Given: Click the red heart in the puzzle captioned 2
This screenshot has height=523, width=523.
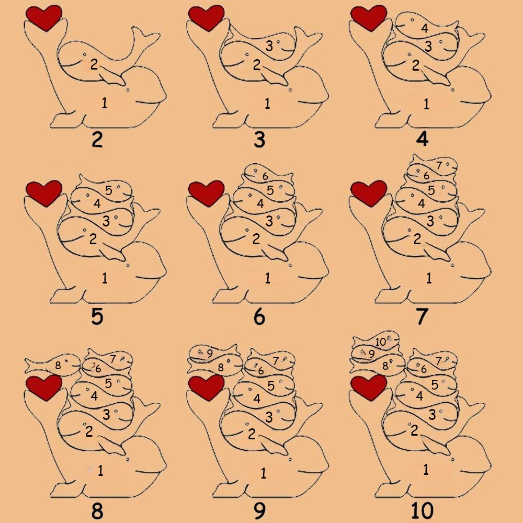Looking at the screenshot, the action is (44, 18).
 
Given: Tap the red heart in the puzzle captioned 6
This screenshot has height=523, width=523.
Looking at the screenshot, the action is (206, 193).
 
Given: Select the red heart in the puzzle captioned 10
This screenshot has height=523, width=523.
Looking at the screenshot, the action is (369, 388).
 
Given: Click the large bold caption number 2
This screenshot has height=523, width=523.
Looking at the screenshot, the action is (97, 140).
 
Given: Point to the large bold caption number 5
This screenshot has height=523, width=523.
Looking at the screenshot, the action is (97, 316).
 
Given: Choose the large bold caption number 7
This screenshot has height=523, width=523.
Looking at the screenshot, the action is (422, 316).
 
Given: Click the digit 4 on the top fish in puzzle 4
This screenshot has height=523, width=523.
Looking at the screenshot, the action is (424, 28).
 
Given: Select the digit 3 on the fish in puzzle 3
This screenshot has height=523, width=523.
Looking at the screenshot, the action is (269, 46).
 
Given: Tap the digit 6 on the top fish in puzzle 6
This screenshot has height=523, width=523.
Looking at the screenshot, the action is (265, 176).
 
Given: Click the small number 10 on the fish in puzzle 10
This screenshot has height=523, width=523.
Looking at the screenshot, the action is (381, 342).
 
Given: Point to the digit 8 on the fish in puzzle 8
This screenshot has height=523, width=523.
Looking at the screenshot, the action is (58, 365).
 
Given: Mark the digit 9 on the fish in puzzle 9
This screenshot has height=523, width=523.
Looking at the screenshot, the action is (210, 353).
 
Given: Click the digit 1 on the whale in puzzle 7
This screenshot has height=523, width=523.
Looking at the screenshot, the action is (429, 278).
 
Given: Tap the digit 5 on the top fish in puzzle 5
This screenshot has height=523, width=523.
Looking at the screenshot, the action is (109, 190).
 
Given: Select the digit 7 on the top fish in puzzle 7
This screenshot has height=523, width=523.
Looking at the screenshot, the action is (439, 165).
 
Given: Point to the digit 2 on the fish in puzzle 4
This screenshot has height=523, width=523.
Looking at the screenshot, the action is (415, 65).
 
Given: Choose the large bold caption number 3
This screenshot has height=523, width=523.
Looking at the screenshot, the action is (259, 140).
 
